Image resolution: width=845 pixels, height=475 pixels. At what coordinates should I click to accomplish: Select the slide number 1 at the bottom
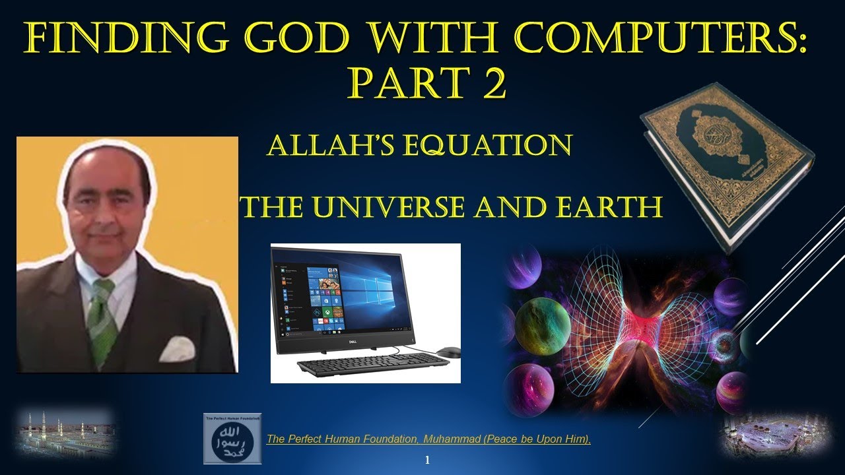(427, 460)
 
